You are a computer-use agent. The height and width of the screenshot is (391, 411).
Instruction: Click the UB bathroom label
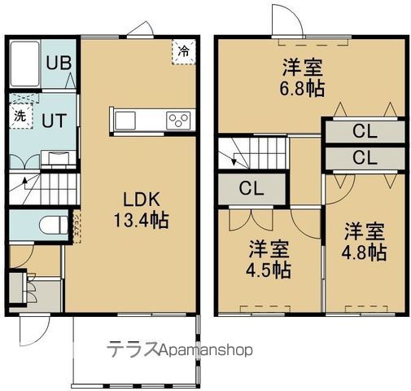56,62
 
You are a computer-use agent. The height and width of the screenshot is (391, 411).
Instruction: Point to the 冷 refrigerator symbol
183,51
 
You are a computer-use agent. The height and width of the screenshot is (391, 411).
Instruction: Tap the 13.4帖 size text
146,220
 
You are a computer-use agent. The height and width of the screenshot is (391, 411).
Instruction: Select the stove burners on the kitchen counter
178,121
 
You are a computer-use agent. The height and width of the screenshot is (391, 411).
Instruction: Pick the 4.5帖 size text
269,268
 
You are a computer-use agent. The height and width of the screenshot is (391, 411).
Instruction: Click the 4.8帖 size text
363,253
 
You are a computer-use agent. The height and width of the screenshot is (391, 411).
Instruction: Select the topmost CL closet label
363,130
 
